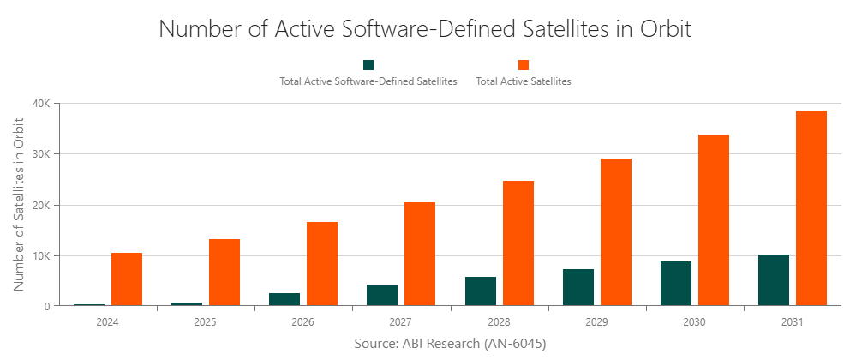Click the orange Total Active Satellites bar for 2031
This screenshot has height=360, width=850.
[x=811, y=208]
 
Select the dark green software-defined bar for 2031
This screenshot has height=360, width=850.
[x=773, y=280]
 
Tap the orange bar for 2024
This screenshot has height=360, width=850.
[x=126, y=279]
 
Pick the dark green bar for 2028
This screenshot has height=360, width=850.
[x=480, y=291]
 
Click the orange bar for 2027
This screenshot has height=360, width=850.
[x=420, y=254]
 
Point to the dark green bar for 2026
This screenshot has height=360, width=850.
[x=284, y=299]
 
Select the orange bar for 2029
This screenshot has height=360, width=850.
[x=615, y=232]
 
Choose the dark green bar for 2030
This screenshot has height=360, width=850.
[x=675, y=284]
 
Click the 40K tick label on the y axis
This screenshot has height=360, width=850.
[x=40, y=104]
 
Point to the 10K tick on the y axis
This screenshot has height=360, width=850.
[x=40, y=255]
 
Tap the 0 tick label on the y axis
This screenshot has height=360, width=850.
[x=47, y=306]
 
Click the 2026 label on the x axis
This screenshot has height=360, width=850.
[x=302, y=322]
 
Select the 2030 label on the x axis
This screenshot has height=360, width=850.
[x=694, y=322]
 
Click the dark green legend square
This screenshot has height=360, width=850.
[x=368, y=65]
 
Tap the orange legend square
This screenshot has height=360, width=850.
[x=523, y=65]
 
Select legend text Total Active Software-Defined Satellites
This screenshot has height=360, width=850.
[x=368, y=82]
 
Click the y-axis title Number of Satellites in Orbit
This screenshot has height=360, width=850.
[x=19, y=204]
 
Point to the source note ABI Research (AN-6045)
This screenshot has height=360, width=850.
[x=450, y=343]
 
